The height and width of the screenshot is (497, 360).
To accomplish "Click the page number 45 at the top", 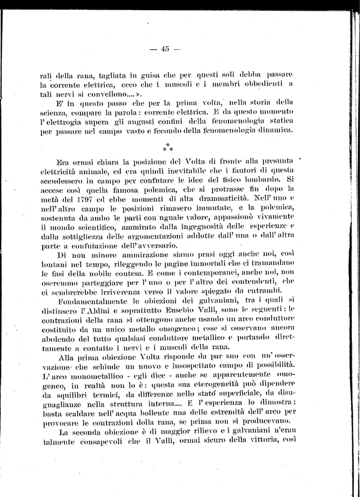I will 165,48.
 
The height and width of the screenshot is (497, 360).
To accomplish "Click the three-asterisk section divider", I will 167,147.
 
